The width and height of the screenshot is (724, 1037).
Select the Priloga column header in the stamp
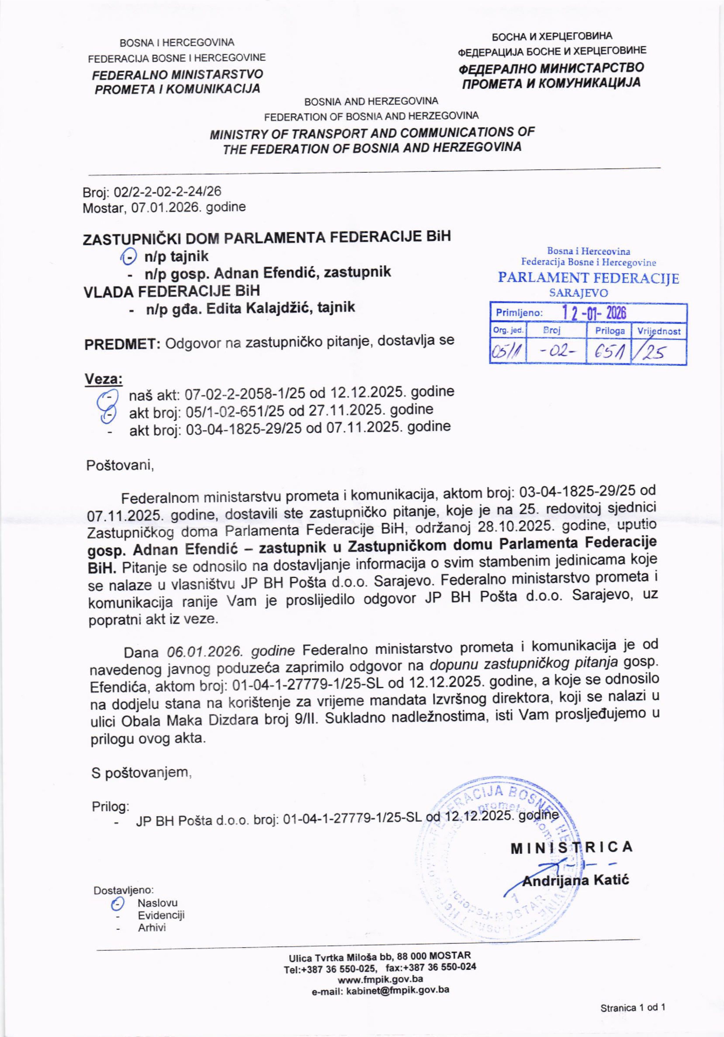[x=610, y=331]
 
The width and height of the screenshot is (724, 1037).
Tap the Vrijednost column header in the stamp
[x=659, y=331]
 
